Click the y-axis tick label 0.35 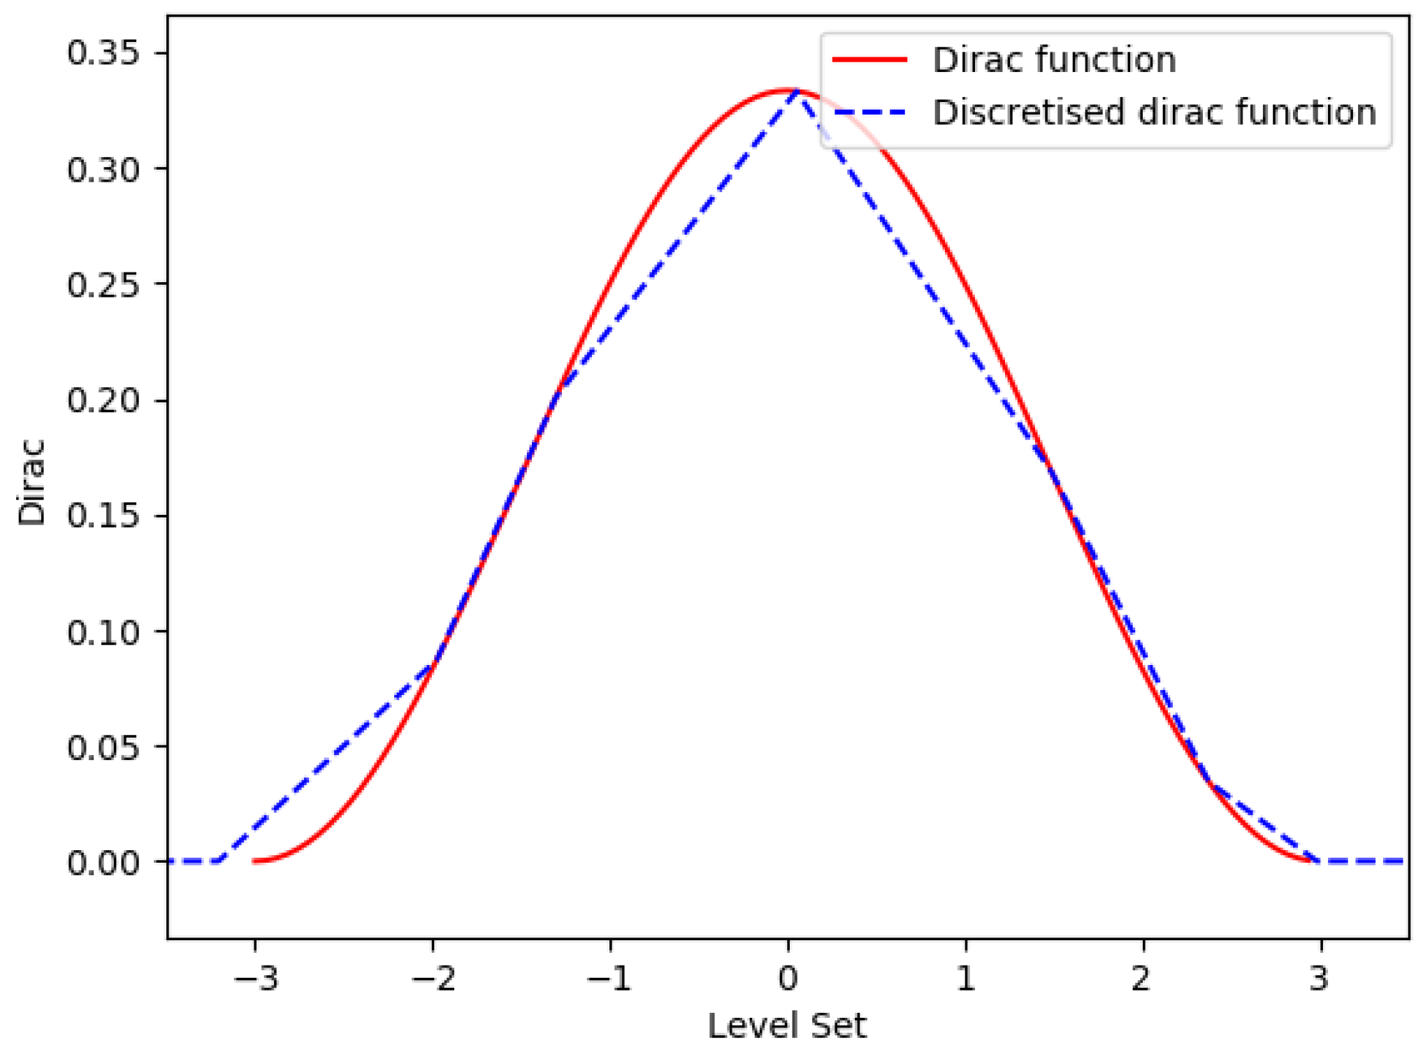coord(103,53)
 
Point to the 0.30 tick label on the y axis coord(103,169)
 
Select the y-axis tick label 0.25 coord(103,285)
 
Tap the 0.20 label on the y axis coord(103,400)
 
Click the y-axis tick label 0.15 coord(103,516)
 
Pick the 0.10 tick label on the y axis coord(103,631)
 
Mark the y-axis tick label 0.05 coord(103,747)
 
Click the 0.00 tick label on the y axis coord(103,863)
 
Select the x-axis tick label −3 coord(256,979)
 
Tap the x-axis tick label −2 coord(433,979)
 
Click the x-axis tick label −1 coord(610,979)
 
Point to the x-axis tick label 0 coord(788,979)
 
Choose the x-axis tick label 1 coord(965,979)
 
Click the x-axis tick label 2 coord(1142,979)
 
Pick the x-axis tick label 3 coord(1319,979)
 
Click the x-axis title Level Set coord(787,1026)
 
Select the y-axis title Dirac coord(31,482)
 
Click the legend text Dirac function coord(1054,60)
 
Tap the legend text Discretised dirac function coord(1154,112)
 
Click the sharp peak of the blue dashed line coord(797,92)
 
